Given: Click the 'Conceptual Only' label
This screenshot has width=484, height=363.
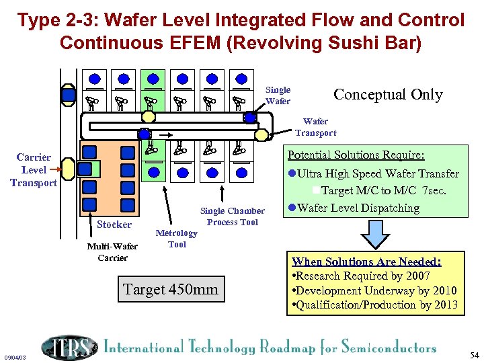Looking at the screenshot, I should pos(388,95).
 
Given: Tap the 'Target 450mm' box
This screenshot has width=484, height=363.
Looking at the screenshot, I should pos(170,289).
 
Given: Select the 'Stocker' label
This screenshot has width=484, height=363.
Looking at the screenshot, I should pos(114,224).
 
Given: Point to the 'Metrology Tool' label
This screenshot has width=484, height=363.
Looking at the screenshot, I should pos(176,239).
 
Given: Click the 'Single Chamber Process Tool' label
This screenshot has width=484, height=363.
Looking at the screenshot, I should pos(232,216).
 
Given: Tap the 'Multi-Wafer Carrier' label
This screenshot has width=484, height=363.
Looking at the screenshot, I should pos(108,252).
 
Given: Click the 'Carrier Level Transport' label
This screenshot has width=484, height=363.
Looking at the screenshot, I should pos(34,170).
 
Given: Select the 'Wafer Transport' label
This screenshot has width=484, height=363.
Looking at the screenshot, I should pos(315,127).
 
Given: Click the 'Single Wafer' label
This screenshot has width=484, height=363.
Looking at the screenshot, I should pos(278,95).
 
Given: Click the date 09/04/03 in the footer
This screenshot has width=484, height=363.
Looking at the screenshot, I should pos(15,358).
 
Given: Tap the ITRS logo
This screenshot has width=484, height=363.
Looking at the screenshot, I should pos(68,347).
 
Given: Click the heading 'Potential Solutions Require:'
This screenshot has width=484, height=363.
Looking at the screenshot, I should pos(356,155).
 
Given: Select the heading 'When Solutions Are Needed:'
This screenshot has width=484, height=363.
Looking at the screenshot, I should pos(366,261).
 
